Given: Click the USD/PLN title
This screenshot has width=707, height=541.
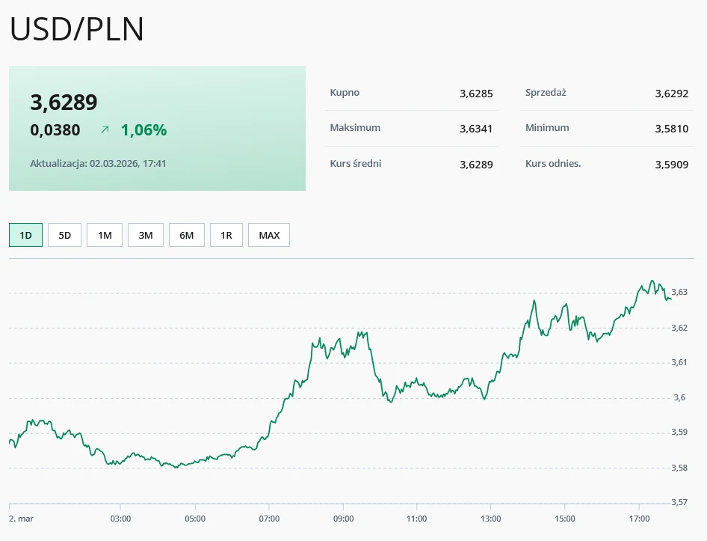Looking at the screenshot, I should [77, 29].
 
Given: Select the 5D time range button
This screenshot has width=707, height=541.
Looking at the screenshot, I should [64, 235].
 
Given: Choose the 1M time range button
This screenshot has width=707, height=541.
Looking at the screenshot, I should [105, 235].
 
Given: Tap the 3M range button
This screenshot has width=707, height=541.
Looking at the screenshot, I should [146, 235].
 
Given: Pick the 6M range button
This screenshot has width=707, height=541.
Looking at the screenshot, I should [186, 235].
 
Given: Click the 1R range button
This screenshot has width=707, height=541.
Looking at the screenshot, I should [226, 235].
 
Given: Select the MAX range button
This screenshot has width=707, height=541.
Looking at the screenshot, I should [269, 235].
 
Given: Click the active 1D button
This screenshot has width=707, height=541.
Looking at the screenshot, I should [25, 235].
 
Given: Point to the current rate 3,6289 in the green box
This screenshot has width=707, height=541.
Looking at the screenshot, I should [64, 103].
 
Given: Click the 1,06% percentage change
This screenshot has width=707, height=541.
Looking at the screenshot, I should [143, 130].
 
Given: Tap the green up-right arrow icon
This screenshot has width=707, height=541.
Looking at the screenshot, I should [105, 130].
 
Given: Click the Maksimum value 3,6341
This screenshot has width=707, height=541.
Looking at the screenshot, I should [476, 129].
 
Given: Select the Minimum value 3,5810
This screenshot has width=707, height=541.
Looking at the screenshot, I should [671, 129].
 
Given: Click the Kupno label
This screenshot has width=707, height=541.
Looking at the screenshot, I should [345, 93].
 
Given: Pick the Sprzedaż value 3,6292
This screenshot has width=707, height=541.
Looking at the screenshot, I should [671, 94].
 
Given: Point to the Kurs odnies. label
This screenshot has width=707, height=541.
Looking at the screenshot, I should [553, 163].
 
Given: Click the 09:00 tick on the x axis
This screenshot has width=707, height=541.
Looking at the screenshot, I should [343, 518].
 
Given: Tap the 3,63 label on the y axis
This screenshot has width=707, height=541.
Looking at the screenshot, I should [679, 292].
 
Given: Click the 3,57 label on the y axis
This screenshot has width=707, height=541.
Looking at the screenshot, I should [679, 502].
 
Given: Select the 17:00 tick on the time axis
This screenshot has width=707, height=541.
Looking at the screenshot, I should [639, 518].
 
